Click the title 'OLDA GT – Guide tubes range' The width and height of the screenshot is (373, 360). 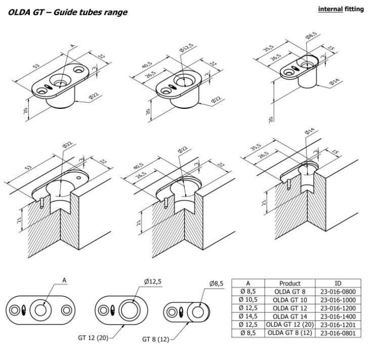[67, 11]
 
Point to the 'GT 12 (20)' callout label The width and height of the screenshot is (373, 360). [93, 337]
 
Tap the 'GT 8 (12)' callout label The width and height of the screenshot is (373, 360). [155, 339]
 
